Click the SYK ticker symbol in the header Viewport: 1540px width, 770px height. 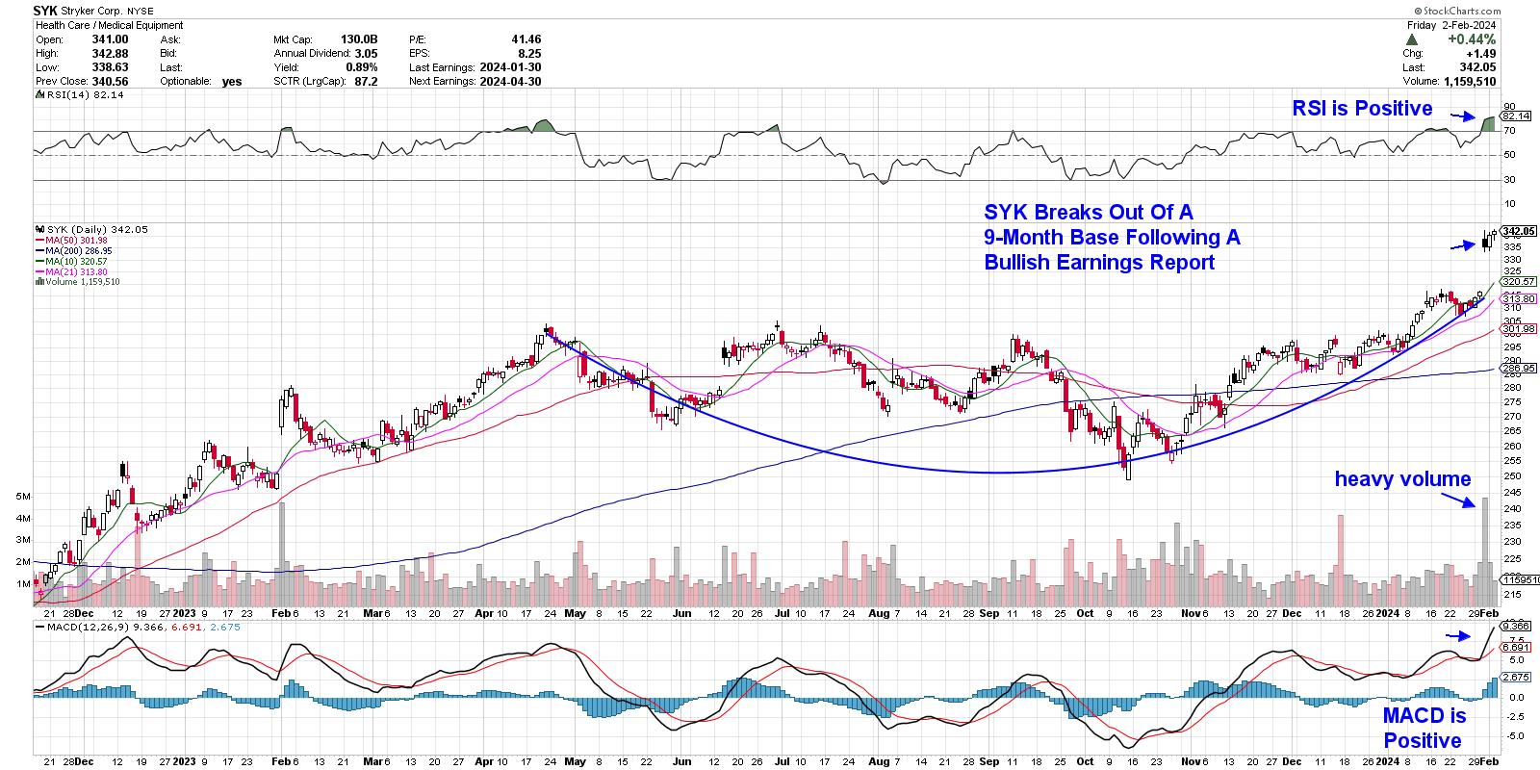pos(45,11)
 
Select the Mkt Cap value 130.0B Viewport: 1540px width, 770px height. pos(358,39)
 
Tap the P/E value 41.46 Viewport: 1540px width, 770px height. pos(526,39)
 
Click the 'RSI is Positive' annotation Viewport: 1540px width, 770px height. pos(1362,109)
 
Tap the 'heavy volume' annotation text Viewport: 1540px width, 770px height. pos(1402,478)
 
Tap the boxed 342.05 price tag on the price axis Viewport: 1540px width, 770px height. pos(1518,231)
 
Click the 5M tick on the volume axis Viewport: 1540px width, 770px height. pos(23,496)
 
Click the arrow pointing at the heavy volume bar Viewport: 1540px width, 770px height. pos(1458,499)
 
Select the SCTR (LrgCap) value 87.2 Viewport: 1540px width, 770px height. pos(365,82)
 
